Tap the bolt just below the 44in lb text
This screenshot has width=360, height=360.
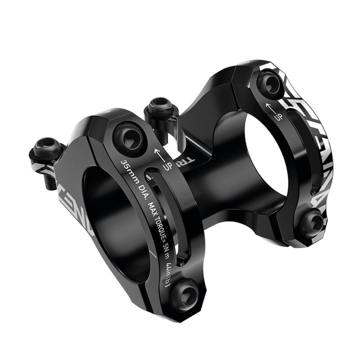[x=184, y=296]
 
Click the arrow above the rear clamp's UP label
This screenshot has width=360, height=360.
[x=268, y=106]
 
